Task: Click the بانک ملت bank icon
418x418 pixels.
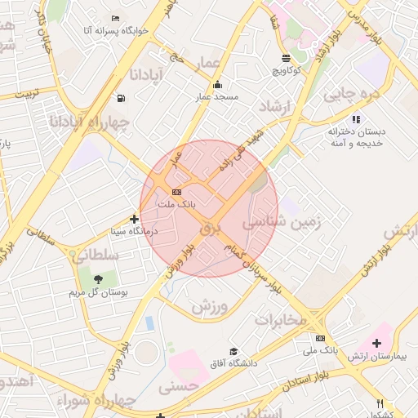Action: click(176, 191)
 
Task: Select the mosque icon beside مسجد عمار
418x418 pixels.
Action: click(217, 84)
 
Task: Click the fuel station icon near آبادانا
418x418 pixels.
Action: click(122, 98)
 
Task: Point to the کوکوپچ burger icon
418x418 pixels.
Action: click(286, 58)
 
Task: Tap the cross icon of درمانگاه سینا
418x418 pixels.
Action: click(135, 219)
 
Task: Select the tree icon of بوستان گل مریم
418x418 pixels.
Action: click(98, 279)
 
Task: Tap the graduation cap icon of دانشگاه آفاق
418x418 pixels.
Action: click(235, 351)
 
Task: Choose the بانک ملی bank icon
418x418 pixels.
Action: click(320, 338)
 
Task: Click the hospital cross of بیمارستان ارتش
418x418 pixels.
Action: click(376, 344)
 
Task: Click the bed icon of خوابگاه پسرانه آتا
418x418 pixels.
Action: click(115, 18)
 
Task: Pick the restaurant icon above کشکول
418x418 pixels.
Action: click(380, 402)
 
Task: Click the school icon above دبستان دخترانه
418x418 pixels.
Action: click(356, 119)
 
